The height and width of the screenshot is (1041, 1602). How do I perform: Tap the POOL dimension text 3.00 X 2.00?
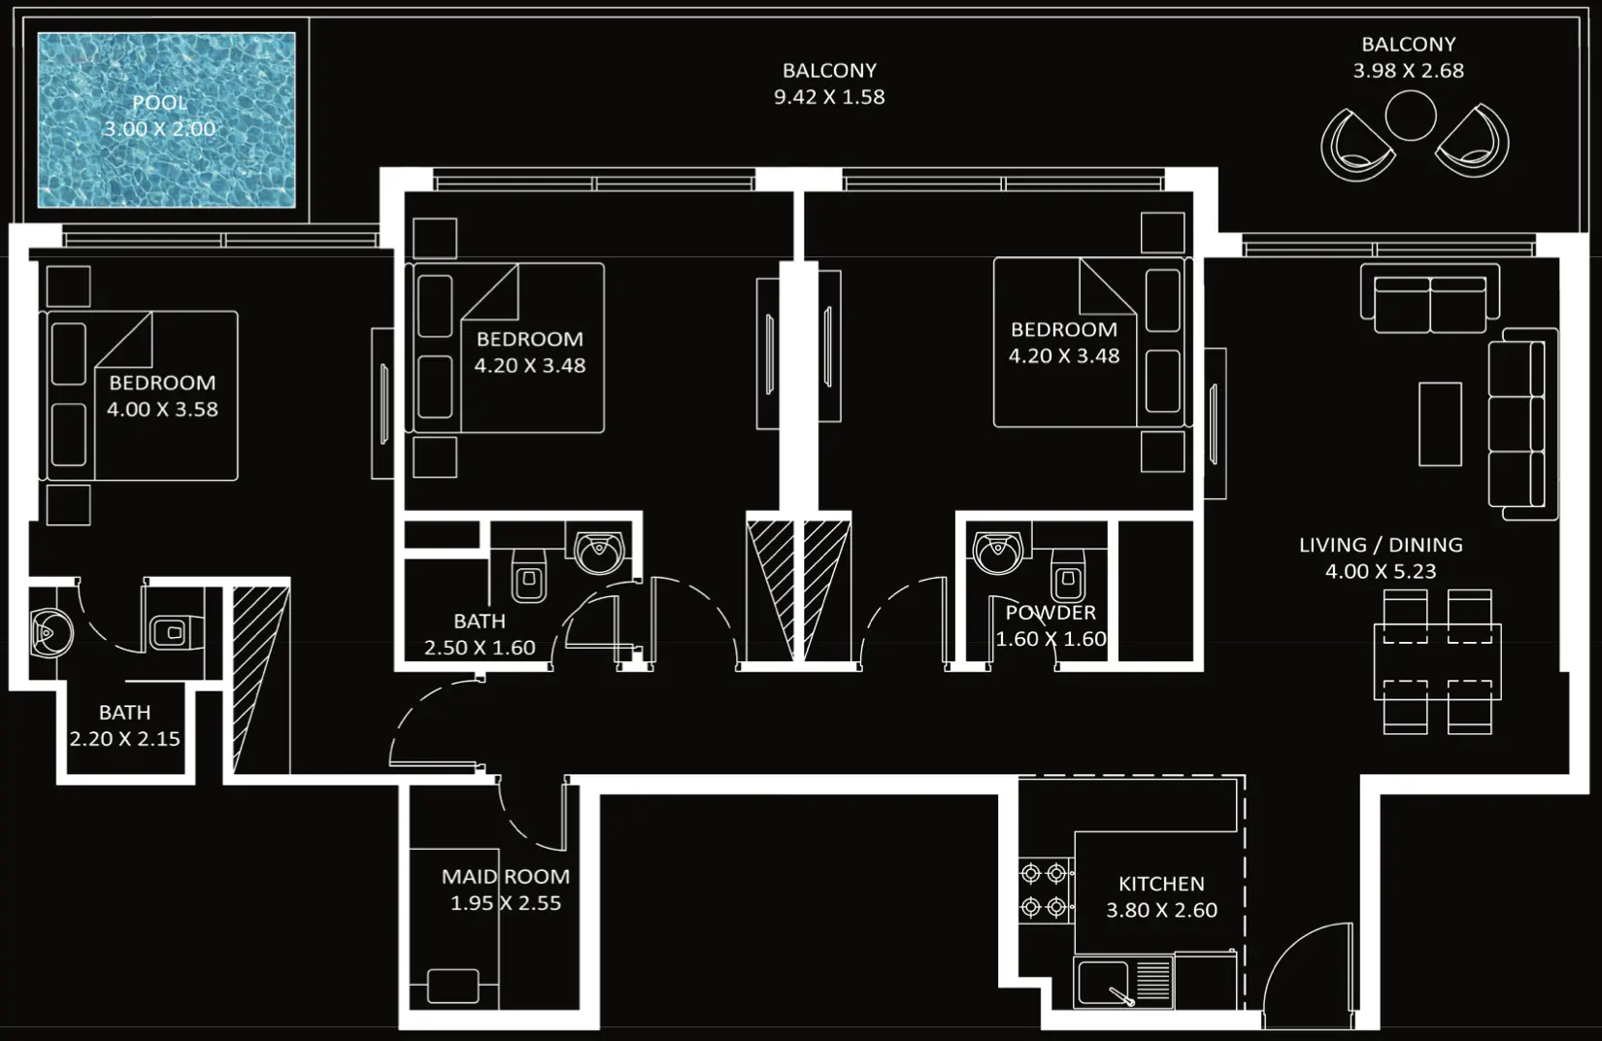tap(160, 128)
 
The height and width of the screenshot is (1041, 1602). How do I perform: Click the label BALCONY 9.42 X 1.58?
tap(829, 84)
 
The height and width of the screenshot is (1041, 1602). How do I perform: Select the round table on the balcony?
tap(1410, 116)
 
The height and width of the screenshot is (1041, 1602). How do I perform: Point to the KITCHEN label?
tap(1161, 884)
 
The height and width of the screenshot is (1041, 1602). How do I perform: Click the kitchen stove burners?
tap(1045, 890)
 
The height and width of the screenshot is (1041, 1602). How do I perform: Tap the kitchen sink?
tap(1104, 982)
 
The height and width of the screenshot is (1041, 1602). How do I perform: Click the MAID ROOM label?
tap(505, 876)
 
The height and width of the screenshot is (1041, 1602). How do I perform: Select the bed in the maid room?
tap(453, 986)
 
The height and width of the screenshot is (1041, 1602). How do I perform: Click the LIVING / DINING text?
tap(1381, 545)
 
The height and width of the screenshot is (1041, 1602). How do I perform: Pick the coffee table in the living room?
tap(1440, 423)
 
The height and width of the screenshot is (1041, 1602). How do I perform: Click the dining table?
tap(1437, 661)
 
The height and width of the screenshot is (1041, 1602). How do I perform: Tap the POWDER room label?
tap(1051, 613)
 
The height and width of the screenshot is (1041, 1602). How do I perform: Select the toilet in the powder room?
tap(1068, 579)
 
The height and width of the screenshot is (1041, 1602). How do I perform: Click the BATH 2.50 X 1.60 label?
tap(480, 634)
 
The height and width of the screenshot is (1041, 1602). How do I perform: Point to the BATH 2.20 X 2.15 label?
tap(124, 725)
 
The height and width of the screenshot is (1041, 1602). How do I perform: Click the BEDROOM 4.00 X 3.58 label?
tap(162, 395)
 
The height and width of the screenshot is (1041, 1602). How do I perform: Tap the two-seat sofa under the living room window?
tap(1429, 298)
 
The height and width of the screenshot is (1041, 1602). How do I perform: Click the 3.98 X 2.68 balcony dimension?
tap(1408, 70)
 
